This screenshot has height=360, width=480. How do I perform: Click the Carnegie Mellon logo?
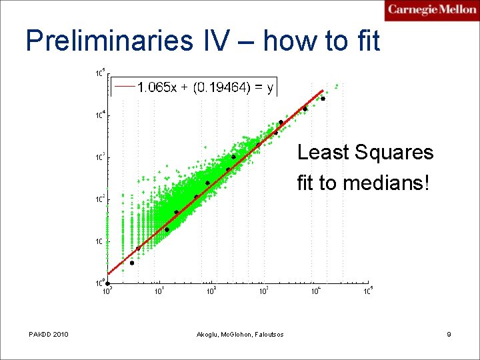point(432,11)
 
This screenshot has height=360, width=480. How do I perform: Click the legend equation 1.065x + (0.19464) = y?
point(205,87)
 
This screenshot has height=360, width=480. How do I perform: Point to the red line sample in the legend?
point(125,87)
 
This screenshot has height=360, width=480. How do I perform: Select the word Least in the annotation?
point(323,153)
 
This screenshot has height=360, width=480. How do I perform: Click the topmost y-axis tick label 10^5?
point(97,73)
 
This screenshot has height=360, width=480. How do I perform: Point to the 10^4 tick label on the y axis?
point(97,115)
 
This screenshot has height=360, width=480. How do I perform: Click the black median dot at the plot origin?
point(108,283)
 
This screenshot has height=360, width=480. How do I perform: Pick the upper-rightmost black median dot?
point(323,99)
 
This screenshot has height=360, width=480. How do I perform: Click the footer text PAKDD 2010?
point(49,334)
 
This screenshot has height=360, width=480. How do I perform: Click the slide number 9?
point(449,334)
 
